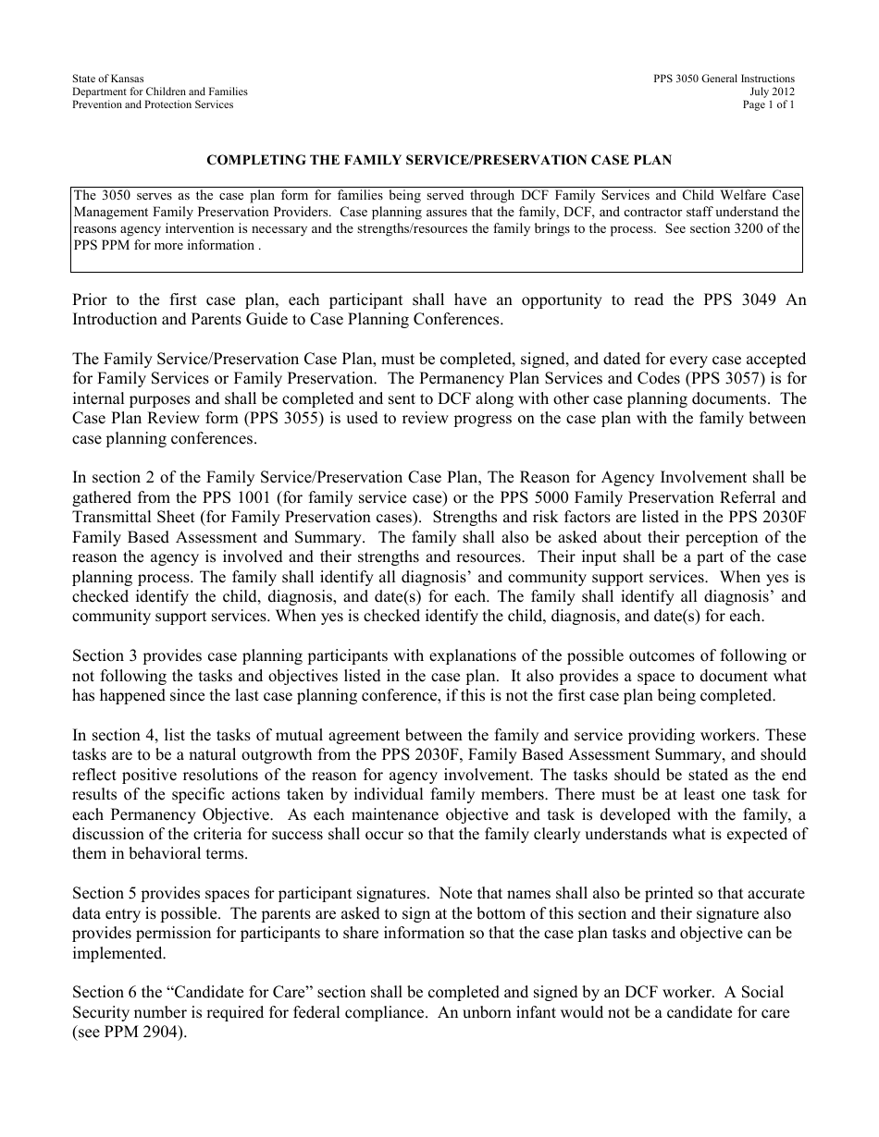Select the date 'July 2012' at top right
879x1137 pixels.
772,92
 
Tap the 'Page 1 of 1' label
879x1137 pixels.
768,105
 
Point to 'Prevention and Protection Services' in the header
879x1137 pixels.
153,105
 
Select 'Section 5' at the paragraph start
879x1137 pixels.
104,894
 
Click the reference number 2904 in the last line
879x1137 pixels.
161,1033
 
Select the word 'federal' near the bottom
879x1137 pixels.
336,1012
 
